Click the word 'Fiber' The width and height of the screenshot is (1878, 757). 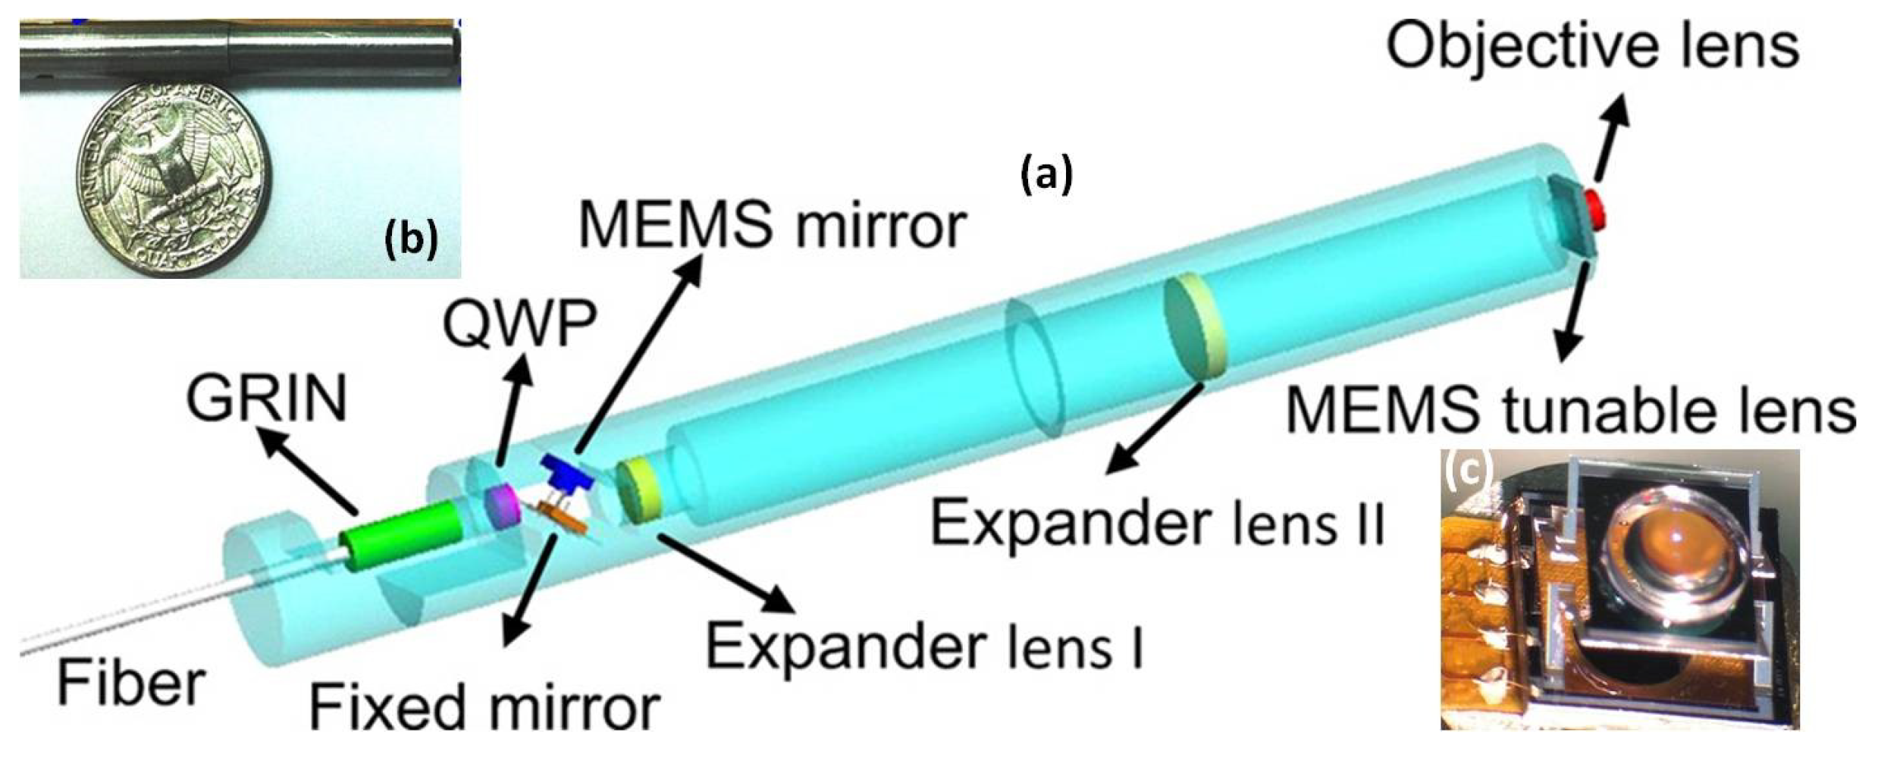coord(130,683)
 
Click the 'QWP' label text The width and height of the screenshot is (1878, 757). coord(520,324)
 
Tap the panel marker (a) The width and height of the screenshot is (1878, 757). coord(1046,174)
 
